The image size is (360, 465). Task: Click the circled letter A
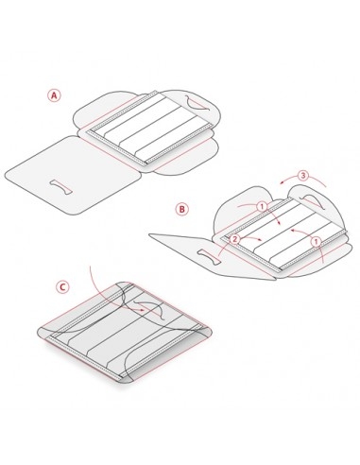click(x=54, y=95)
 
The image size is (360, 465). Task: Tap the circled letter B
click(x=181, y=209)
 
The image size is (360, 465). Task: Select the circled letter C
click(x=62, y=287)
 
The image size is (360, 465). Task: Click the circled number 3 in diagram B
click(x=302, y=176)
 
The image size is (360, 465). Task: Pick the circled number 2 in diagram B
click(x=234, y=239)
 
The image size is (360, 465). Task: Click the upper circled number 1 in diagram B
click(x=262, y=207)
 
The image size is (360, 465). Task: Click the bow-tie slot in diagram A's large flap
click(x=60, y=187)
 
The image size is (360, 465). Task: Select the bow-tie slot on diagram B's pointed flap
click(x=208, y=256)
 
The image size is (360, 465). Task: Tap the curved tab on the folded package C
click(x=150, y=309)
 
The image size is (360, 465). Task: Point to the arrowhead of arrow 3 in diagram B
click(x=283, y=182)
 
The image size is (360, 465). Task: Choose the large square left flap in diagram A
click(x=69, y=175)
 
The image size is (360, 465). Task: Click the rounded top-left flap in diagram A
click(x=104, y=111)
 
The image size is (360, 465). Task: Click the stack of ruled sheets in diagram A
click(x=149, y=128)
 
